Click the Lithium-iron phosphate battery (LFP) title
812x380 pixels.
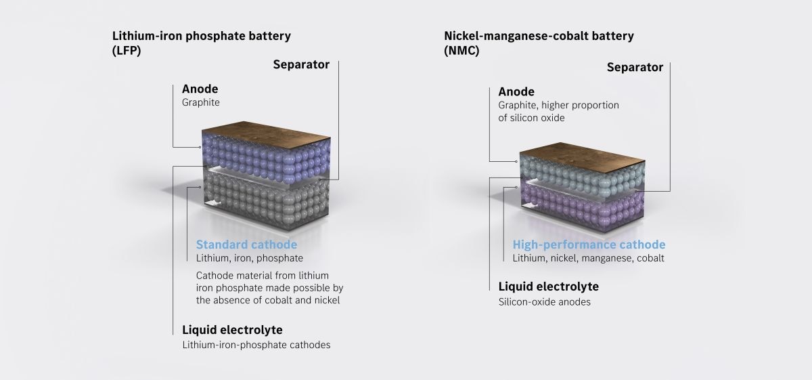(x=201, y=43)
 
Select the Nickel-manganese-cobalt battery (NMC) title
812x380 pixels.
(x=539, y=43)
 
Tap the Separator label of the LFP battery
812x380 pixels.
(x=301, y=64)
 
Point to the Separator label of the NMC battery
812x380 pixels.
(x=635, y=68)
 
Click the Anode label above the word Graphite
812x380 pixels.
(x=200, y=89)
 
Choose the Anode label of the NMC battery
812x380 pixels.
(x=516, y=91)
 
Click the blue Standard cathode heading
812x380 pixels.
(x=246, y=245)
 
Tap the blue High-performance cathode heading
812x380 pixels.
(x=589, y=245)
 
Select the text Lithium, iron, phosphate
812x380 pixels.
(x=250, y=258)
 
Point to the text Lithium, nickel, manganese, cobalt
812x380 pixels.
(x=588, y=258)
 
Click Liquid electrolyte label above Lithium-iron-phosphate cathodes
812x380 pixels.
(x=232, y=330)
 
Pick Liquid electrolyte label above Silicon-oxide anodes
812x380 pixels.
(x=549, y=287)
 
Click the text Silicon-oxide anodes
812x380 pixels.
(x=544, y=302)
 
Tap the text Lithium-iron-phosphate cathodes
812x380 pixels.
(x=256, y=345)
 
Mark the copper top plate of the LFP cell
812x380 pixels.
(x=266, y=134)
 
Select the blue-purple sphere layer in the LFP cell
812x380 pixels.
(x=267, y=159)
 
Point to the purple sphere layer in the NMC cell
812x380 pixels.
(x=583, y=207)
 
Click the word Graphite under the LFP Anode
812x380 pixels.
(x=201, y=103)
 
